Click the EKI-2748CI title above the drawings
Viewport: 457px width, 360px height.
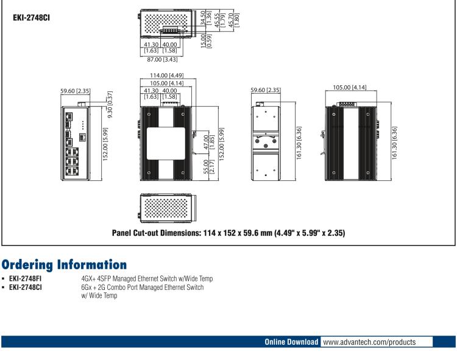coord(32,18)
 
